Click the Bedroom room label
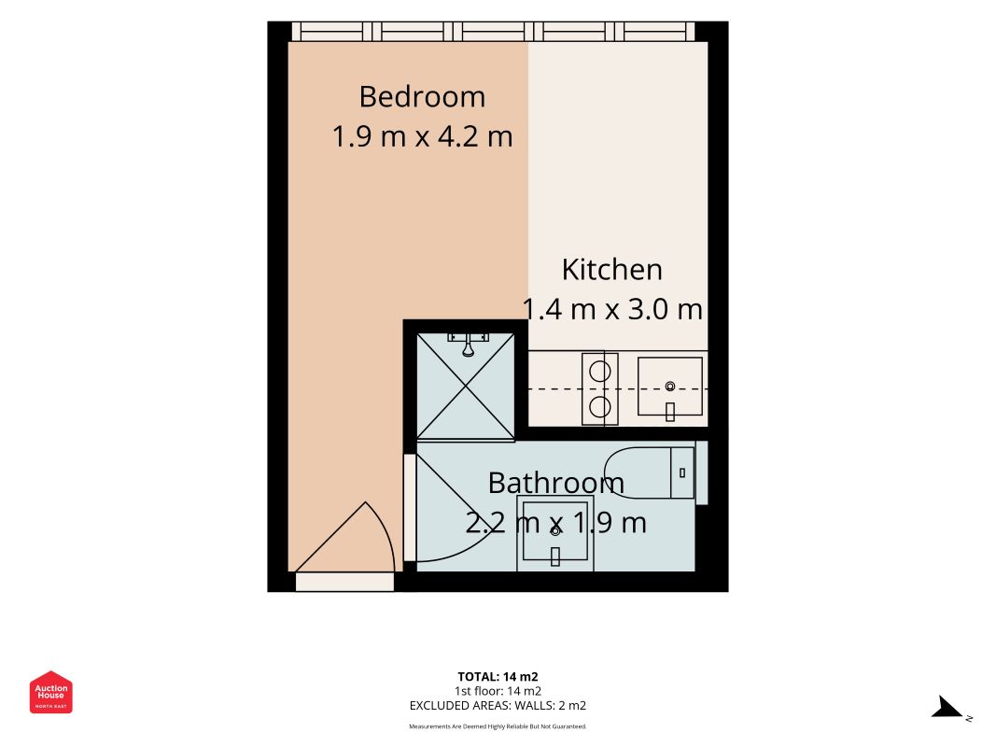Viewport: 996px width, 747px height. (423, 97)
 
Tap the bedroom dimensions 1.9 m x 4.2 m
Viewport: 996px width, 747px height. (423, 136)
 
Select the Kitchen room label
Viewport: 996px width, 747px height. (611, 270)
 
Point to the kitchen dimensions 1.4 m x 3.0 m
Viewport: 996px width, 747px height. (612, 309)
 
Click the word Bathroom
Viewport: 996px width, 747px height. (555, 484)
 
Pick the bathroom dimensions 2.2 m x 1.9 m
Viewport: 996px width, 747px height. (555, 523)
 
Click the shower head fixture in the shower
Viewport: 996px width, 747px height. (469, 345)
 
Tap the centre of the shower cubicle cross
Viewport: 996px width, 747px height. (466, 386)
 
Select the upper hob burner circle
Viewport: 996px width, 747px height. (599, 371)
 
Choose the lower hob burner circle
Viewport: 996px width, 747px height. (599, 406)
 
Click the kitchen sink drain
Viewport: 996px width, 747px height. (669, 387)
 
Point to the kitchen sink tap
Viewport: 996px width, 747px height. (669, 412)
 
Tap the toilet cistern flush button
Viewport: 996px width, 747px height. (682, 472)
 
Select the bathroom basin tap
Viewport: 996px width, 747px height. (555, 557)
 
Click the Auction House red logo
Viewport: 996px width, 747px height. (50, 692)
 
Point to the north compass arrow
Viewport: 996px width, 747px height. (947, 708)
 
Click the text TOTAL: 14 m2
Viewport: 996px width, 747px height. (498, 677)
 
